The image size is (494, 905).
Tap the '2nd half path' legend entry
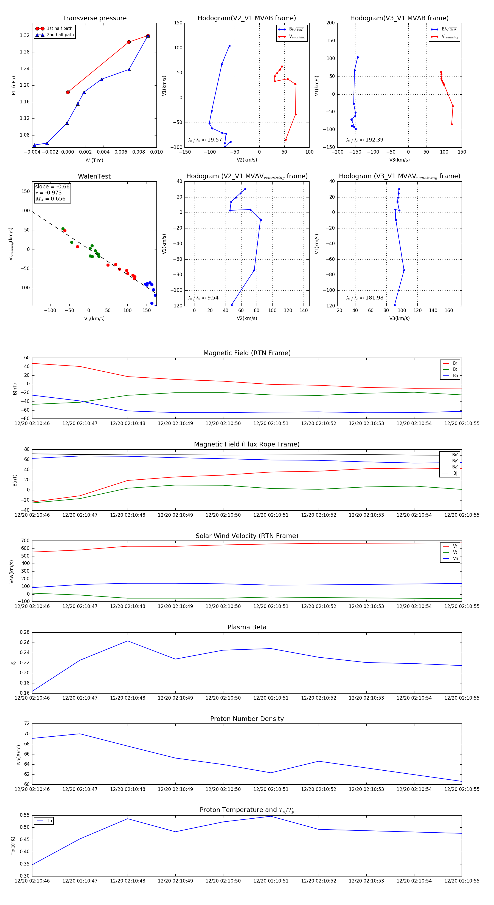60,35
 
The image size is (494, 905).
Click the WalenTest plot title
94,176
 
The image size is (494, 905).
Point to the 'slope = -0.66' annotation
52,186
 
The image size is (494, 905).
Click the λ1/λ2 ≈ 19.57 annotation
205,140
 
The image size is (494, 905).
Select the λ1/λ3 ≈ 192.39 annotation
365,140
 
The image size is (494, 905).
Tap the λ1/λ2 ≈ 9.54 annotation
203,298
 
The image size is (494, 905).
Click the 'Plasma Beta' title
247,627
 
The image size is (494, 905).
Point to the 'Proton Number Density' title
247,719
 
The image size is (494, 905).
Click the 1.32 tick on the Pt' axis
25,35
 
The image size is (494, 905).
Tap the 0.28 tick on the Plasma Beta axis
25,632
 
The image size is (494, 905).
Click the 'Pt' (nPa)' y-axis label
14,85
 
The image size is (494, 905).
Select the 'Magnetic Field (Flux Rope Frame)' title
247,445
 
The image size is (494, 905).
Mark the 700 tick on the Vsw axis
25,541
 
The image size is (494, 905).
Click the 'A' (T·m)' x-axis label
94,160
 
